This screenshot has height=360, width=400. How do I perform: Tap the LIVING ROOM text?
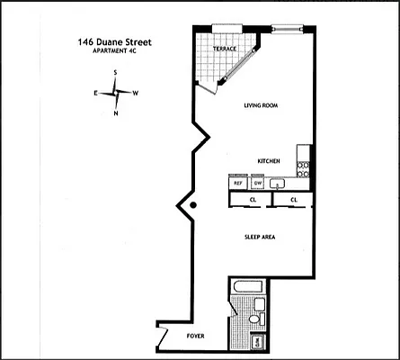click(262, 105)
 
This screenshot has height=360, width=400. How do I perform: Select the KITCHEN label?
click(269, 160)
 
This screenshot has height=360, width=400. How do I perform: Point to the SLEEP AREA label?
click(260, 237)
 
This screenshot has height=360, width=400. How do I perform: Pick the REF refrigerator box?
click(238, 183)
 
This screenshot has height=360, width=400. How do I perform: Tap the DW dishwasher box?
click(257, 183)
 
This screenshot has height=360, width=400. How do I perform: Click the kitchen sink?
click(279, 184)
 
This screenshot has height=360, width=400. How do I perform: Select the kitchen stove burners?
click(305, 166)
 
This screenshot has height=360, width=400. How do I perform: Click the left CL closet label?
click(253, 200)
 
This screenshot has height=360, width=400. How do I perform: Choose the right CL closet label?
click(294, 200)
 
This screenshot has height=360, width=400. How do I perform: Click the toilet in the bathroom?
click(254, 319)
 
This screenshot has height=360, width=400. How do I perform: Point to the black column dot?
click(192, 207)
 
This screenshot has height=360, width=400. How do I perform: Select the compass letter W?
click(135, 93)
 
